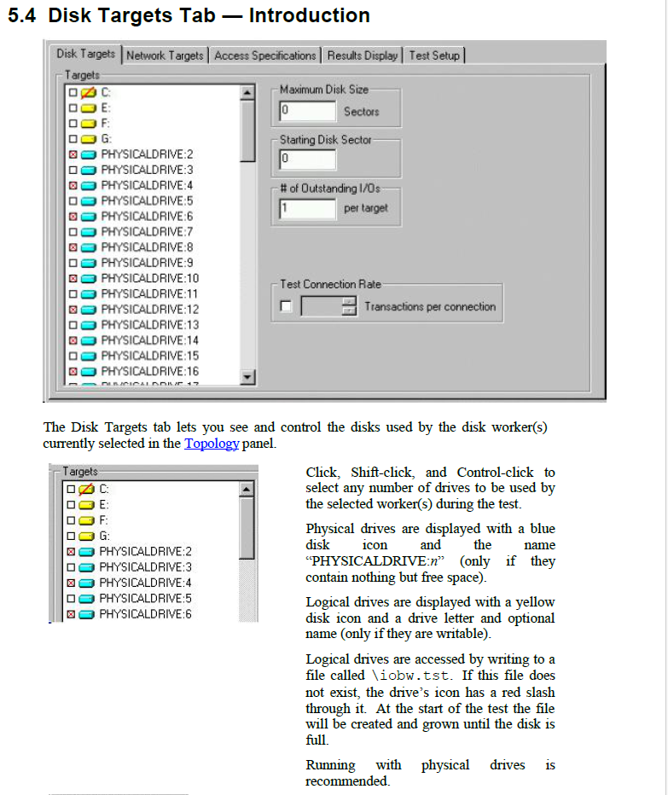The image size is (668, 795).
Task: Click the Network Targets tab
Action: coord(166,55)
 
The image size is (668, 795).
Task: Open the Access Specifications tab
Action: coord(264,55)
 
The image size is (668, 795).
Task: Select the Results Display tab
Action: coord(363,55)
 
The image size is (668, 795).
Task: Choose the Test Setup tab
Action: coord(433,55)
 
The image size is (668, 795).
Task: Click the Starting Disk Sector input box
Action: coord(307,159)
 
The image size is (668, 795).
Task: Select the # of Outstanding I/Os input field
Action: coord(307,207)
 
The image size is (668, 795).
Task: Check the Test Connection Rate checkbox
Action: coord(286,307)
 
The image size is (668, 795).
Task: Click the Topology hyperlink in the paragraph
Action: coord(212,444)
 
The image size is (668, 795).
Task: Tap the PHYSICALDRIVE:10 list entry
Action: coord(149,278)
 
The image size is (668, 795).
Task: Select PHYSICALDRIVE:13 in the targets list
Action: coord(149,325)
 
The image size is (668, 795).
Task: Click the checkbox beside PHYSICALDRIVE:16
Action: coord(74,372)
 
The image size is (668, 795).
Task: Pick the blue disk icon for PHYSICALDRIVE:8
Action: coord(89,247)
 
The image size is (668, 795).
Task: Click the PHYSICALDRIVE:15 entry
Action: coord(149,356)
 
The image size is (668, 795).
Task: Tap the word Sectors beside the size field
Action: coord(361,112)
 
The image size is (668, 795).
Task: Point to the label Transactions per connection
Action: coord(429,307)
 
